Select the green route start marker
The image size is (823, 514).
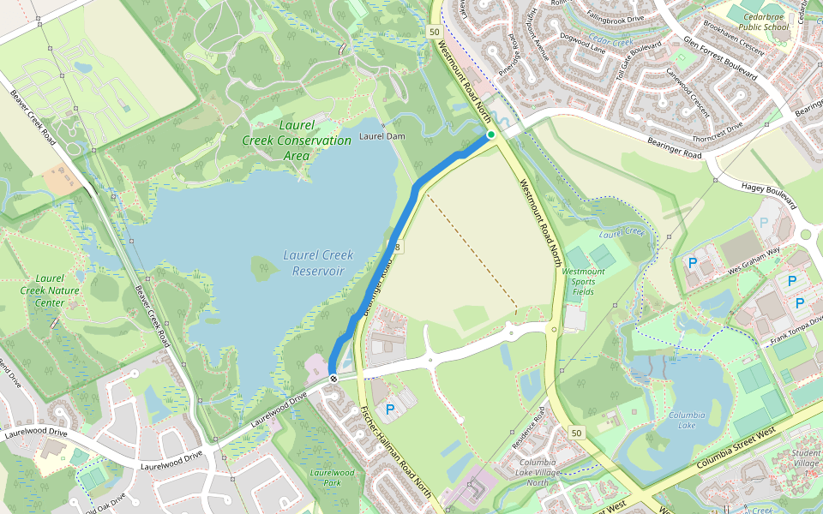(491, 134)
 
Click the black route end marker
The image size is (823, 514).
(333, 378)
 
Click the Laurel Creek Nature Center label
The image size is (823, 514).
(43, 290)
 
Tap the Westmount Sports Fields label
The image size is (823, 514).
(583, 281)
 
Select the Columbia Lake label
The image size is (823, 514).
(688, 421)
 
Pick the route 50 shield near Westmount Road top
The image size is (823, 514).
(436, 32)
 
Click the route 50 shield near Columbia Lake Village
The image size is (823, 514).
(575, 433)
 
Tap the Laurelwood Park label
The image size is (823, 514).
(332, 477)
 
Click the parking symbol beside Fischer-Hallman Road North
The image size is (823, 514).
(390, 410)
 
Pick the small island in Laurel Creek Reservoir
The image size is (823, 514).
(264, 268)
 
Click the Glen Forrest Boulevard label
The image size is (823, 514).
(720, 57)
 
